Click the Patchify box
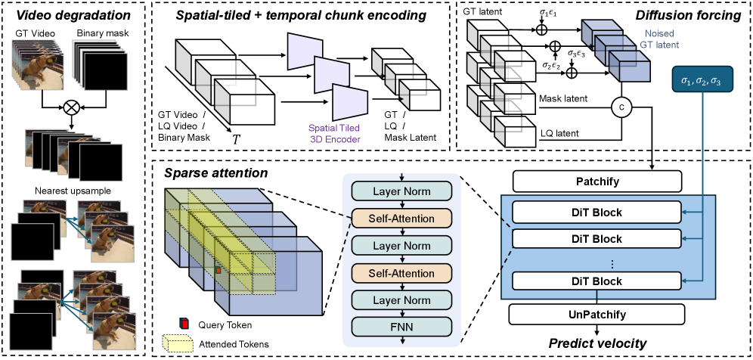(x=597, y=182)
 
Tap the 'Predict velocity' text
(x=597, y=343)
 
